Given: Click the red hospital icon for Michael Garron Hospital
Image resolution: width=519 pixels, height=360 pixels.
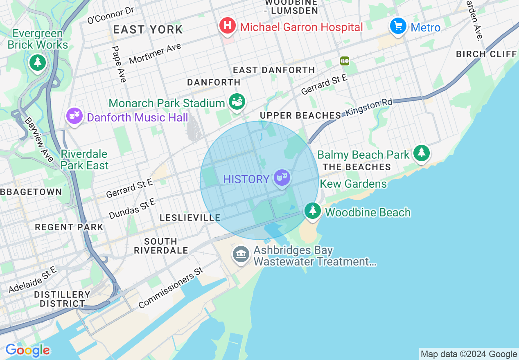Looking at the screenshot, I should [x=228, y=26].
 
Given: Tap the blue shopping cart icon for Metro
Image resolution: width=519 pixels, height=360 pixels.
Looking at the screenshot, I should [x=398, y=26].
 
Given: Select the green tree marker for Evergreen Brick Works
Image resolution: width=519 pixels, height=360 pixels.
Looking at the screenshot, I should [x=38, y=62].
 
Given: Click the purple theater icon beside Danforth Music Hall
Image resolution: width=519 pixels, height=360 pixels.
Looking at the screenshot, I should [x=74, y=117].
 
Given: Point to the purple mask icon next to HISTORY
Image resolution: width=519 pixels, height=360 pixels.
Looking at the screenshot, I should [x=282, y=178].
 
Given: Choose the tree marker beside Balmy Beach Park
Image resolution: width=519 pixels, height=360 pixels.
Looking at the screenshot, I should [x=421, y=153].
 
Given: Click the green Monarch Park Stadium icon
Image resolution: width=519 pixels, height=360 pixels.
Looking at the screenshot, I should [x=237, y=102].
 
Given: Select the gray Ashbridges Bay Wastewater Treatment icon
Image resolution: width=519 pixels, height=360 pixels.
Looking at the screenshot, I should [x=241, y=254].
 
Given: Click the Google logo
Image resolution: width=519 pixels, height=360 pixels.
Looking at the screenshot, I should [x=27, y=351].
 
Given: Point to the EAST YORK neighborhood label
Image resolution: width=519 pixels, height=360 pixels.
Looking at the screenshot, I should [x=148, y=29].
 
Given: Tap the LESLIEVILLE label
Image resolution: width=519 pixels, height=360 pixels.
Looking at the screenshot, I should [x=190, y=218].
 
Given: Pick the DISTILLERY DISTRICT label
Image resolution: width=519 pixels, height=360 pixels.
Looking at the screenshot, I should [x=62, y=299].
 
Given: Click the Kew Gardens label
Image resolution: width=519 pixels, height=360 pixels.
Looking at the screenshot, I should [x=353, y=184].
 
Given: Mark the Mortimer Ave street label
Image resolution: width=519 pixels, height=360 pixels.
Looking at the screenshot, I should [x=155, y=54].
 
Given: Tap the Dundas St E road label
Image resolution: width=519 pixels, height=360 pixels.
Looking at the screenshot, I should [x=132, y=209].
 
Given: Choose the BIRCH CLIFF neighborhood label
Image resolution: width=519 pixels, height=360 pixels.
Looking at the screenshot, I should [x=486, y=54].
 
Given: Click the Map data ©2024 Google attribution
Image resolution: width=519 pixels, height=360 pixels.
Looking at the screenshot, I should [x=469, y=354].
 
